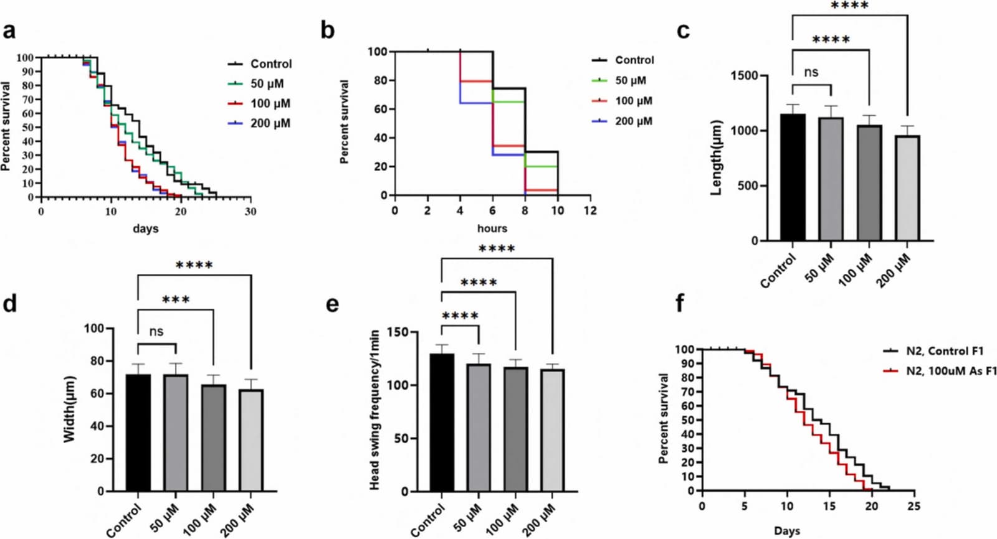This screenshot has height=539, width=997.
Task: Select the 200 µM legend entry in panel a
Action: [x=259, y=123]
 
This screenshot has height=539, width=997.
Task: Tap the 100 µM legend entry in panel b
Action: [x=623, y=101]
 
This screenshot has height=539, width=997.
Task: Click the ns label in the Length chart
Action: [x=811, y=72]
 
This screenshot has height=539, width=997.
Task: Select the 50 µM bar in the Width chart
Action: [x=176, y=433]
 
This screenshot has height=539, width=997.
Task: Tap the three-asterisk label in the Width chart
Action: [x=176, y=299]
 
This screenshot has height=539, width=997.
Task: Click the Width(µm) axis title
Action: [x=69, y=409]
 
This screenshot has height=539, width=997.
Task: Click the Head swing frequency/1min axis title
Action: [x=374, y=410]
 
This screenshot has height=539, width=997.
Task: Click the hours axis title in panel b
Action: [x=492, y=228]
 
